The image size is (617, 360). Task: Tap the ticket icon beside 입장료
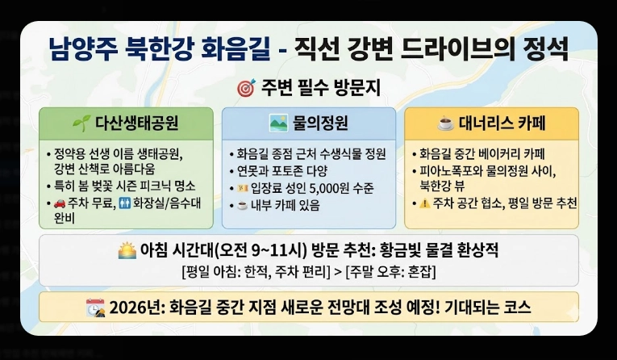239,187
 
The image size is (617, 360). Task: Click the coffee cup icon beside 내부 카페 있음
239,205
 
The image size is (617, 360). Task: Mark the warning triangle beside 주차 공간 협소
423,203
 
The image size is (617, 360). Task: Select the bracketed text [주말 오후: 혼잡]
390,271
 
